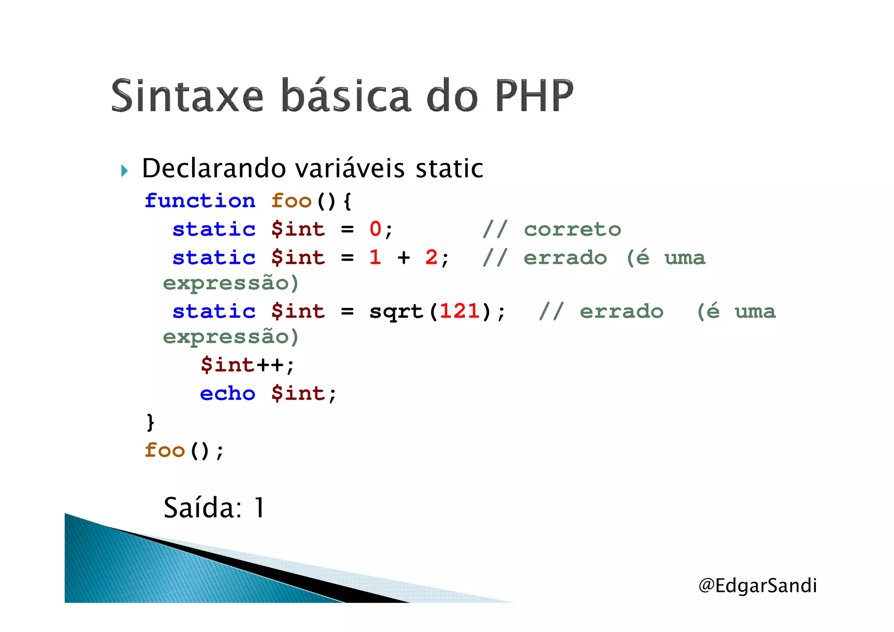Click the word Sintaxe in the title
[x=187, y=96]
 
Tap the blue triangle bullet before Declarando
[x=124, y=171]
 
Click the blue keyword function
[x=200, y=201]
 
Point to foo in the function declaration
[x=291, y=201]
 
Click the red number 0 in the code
[x=375, y=229]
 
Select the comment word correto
[x=572, y=229]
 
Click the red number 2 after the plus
[x=431, y=257]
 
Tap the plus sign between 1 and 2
[x=404, y=258]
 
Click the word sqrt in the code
[x=396, y=311]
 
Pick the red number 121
[x=459, y=311]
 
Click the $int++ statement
[x=247, y=365]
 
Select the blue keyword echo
[x=227, y=394]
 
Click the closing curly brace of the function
[x=150, y=422]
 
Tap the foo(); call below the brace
[x=184, y=450]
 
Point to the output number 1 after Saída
[x=259, y=508]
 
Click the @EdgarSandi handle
[x=757, y=585]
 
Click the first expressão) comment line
[x=230, y=283]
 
